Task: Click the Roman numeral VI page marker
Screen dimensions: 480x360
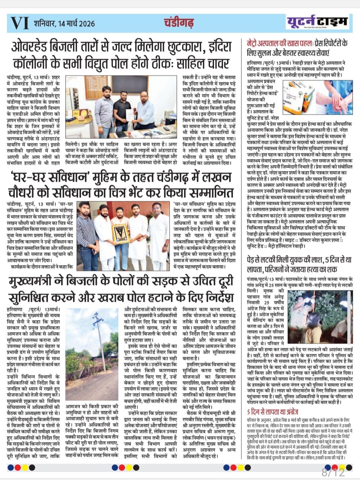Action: [20, 23]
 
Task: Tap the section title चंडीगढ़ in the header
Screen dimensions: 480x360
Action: [179, 23]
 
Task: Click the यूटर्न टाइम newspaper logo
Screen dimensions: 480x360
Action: [317, 22]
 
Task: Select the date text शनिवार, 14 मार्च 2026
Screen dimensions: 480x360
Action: [64, 23]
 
